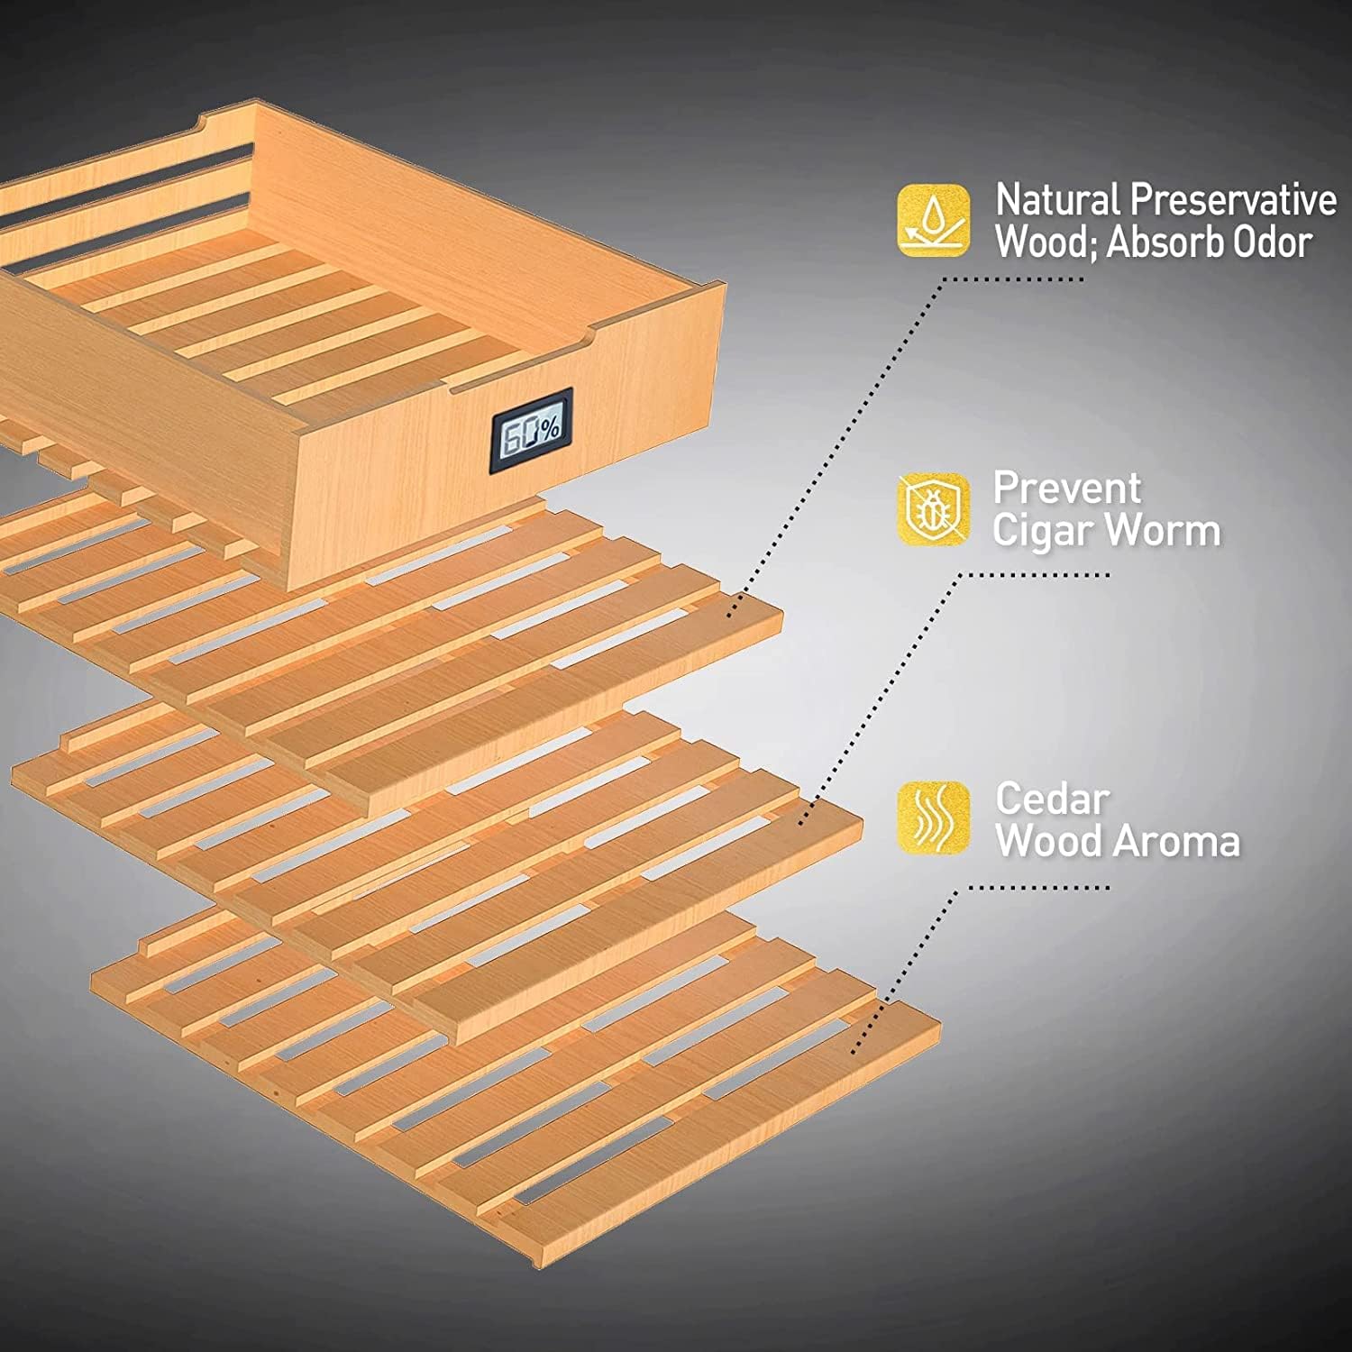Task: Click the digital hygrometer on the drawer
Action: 532,429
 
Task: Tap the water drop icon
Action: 934,220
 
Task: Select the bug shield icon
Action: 934,509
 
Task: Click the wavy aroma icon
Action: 934,818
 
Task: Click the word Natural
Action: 1057,200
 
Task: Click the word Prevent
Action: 1067,489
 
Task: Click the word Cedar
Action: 1052,799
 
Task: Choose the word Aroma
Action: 1177,841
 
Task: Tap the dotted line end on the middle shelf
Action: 800,821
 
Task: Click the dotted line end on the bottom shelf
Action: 854,1051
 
